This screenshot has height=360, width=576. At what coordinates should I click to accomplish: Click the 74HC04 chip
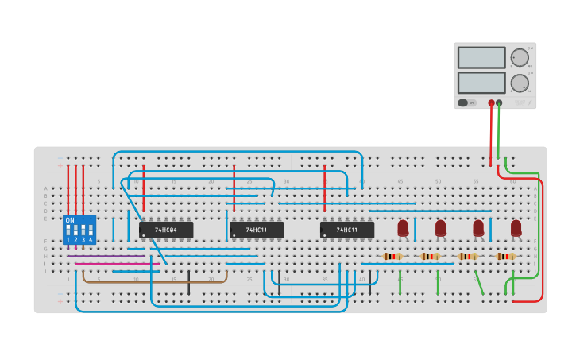pos(165,230)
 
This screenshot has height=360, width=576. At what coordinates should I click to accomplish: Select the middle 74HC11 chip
pos(256,230)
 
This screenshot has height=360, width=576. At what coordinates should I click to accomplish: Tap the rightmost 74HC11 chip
pos(346,230)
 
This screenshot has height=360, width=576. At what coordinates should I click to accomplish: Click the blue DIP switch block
pos(79,230)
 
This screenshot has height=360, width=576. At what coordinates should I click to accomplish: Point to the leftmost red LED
pos(403,228)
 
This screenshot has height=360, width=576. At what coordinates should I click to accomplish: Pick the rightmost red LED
pos(516,228)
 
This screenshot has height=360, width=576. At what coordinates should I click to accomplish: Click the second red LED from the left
pos(441,228)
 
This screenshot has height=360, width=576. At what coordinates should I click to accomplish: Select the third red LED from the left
pos(478,228)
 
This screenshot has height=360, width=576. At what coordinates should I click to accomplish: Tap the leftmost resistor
pos(392,256)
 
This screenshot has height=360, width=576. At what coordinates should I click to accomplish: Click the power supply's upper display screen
pos(481,57)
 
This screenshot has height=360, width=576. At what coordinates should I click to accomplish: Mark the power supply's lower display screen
pos(481,83)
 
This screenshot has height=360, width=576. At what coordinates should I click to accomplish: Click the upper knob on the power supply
pos(519,57)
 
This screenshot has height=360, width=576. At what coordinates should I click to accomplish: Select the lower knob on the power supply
pos(519,83)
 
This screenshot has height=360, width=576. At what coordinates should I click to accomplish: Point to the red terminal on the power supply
pos(491,103)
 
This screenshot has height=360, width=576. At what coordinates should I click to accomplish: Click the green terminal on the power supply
pos(499,103)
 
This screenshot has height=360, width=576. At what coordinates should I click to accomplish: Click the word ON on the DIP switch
pos(70,220)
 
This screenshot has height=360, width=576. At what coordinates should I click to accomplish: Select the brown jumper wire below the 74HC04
pos(159,281)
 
